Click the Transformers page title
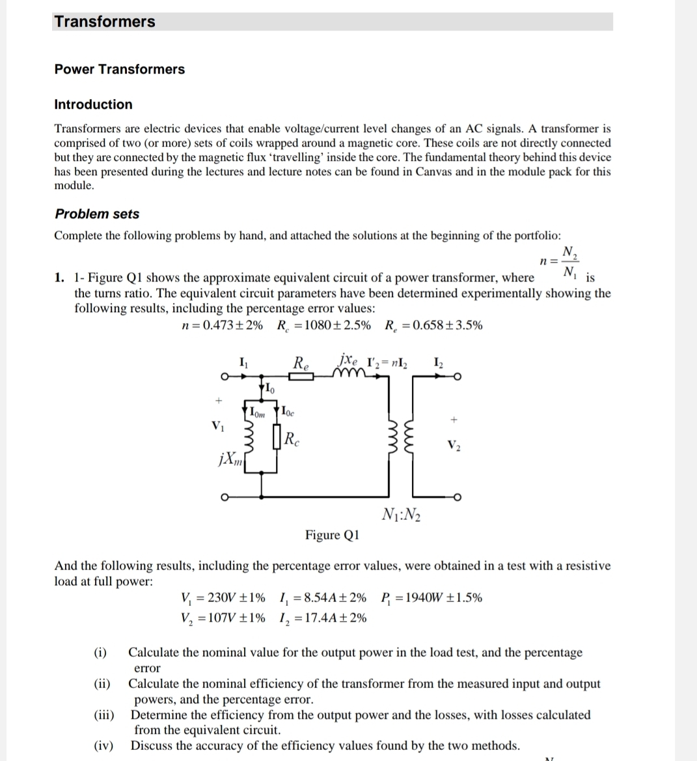coord(105,22)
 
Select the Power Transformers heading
coord(119,69)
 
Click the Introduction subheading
coord(93,104)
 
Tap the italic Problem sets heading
coord(97,214)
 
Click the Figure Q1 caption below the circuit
coord(332,535)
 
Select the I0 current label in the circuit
coord(267,390)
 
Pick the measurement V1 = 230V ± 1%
coord(226,597)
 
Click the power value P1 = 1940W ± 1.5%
coord(431,597)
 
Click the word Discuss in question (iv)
coord(152,745)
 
